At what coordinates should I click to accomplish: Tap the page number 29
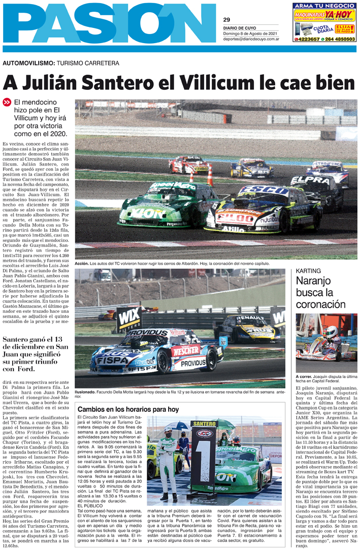coord(226,20)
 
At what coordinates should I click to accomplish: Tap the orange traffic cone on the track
coord(210,177)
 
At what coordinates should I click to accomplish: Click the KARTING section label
coord(309,271)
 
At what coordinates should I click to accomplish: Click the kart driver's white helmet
coord(331,332)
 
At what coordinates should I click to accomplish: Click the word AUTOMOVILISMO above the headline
coord(28,63)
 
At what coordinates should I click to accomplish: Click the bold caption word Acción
coord(82,264)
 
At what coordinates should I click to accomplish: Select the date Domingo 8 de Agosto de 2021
coord(251,33)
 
